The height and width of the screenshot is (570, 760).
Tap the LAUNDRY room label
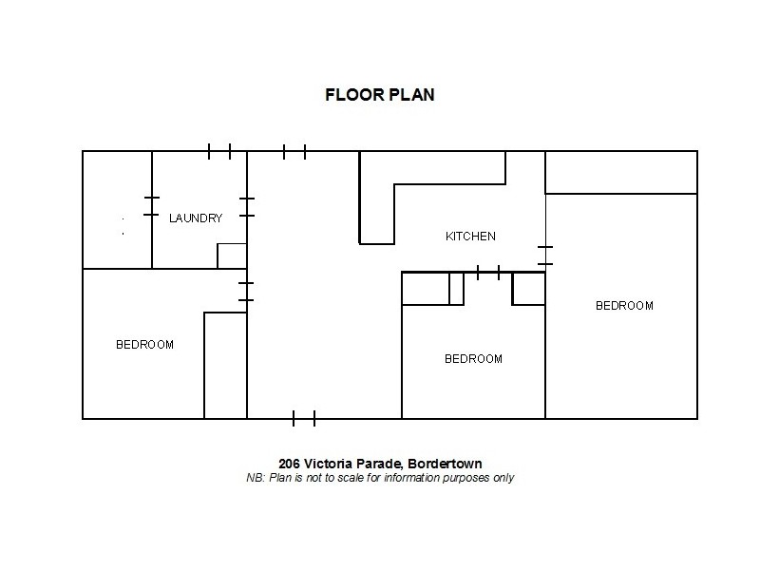(x=196, y=218)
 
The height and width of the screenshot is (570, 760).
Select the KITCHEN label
(x=470, y=237)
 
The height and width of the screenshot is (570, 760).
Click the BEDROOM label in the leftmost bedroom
(x=144, y=345)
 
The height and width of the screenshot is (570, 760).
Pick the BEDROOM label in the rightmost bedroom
(x=624, y=306)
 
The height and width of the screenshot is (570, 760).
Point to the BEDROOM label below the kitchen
(x=473, y=359)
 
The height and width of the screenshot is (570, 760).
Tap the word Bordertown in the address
(x=446, y=464)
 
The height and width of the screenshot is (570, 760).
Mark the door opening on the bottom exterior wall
(x=304, y=418)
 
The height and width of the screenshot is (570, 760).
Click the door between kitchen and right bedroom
(x=545, y=255)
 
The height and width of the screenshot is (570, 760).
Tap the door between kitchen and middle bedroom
(x=488, y=273)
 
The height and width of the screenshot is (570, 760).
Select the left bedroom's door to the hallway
(x=247, y=292)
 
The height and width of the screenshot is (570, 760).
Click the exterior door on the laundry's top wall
(x=219, y=151)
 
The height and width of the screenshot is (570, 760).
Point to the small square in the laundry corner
(x=232, y=256)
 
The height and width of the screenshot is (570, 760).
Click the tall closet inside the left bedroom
(x=225, y=365)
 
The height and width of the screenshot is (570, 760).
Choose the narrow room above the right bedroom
(x=621, y=172)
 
